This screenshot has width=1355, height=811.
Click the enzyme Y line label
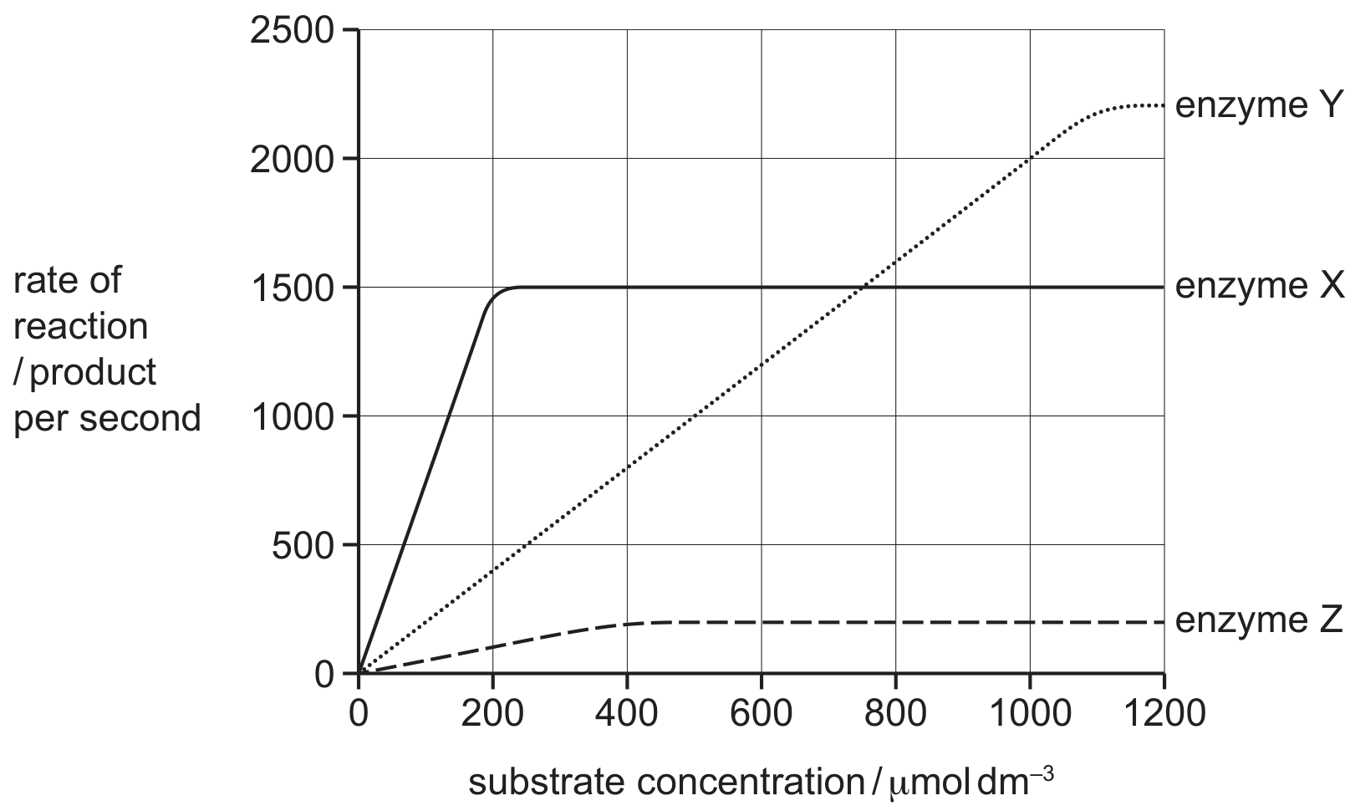click(x=1257, y=106)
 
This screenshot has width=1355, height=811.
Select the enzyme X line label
click(x=1257, y=286)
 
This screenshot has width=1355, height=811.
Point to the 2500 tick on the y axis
click(x=292, y=29)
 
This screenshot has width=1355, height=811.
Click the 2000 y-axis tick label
click(x=292, y=159)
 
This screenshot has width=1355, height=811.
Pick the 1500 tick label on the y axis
click(x=292, y=288)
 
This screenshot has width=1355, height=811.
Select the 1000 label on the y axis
click(x=292, y=417)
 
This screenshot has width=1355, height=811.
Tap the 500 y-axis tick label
click(x=303, y=546)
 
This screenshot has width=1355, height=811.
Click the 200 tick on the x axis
click(x=492, y=712)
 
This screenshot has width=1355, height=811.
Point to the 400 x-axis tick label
click(x=627, y=712)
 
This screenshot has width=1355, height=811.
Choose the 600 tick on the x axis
click(x=761, y=712)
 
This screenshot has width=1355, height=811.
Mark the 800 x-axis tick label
click(x=895, y=712)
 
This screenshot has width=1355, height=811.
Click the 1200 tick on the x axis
click(x=1164, y=712)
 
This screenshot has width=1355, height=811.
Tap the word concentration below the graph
click(x=751, y=783)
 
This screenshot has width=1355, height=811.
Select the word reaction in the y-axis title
click(x=80, y=326)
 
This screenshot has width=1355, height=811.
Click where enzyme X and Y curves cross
click(x=862, y=287)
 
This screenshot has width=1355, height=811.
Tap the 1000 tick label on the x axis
click(x=1030, y=712)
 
